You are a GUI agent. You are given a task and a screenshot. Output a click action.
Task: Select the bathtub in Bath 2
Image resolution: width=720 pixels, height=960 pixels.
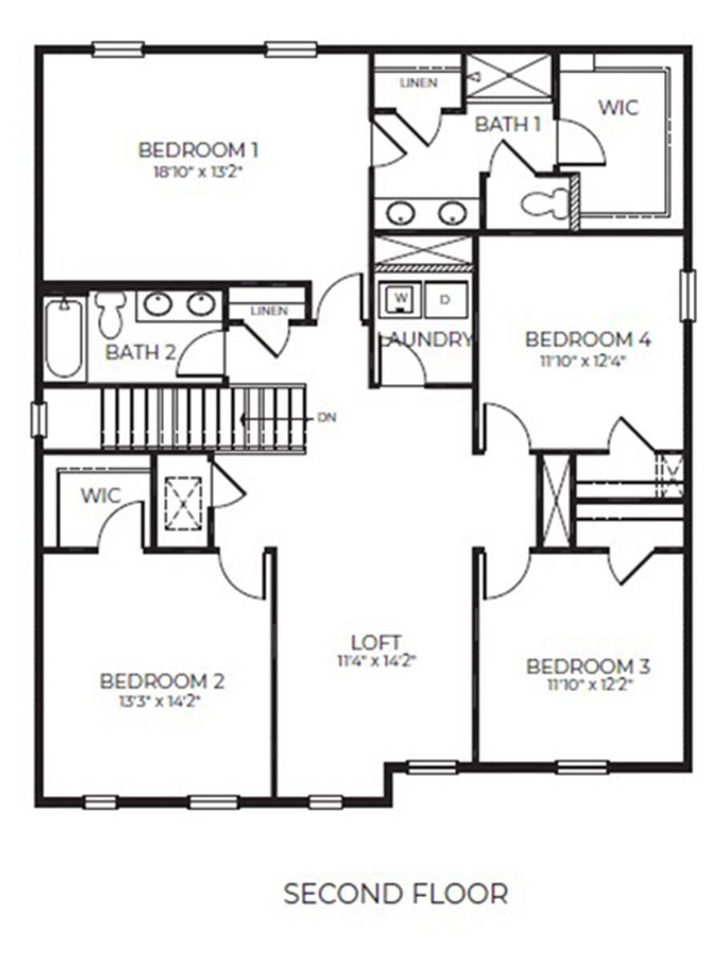(63, 338)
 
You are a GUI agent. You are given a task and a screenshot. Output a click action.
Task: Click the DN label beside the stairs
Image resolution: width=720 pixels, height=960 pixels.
(326, 418)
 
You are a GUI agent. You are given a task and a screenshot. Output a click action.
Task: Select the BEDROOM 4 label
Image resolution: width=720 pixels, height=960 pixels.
(587, 339)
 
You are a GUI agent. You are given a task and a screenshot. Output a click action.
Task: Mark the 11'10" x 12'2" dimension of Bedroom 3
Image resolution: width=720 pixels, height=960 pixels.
(587, 684)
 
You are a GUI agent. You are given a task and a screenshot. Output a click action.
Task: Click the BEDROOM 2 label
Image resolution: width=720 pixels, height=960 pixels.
(162, 682)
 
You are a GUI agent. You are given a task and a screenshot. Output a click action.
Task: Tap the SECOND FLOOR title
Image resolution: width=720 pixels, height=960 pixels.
(395, 894)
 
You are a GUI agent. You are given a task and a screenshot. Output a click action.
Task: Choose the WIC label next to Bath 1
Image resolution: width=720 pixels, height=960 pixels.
(618, 106)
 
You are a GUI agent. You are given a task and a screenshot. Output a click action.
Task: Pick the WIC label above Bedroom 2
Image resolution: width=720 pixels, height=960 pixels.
(101, 496)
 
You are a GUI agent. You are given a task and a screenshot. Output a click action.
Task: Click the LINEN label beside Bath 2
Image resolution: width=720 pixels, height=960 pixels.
(268, 310)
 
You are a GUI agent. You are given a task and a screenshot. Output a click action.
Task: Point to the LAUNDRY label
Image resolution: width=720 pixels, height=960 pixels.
(426, 339)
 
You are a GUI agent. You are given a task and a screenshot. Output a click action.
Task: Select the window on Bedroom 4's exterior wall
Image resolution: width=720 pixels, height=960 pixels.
(686, 295)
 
